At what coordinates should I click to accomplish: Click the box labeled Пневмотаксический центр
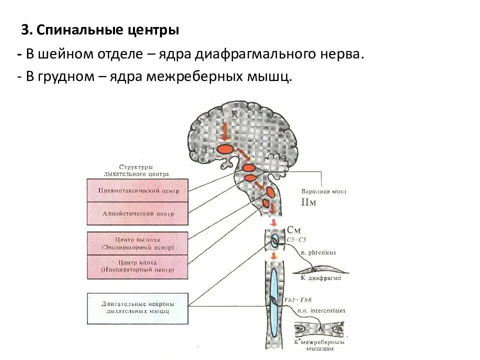click(137, 190)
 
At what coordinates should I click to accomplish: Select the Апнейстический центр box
click(137, 213)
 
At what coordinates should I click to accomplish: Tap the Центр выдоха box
click(137, 243)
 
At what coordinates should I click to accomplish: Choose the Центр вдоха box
click(137, 266)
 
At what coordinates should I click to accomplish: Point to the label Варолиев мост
click(323, 191)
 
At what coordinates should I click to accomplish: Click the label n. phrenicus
click(318, 252)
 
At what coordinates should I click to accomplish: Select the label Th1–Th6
click(296, 299)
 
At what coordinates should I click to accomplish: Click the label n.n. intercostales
click(321, 310)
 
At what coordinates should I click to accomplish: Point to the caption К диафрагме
click(320, 277)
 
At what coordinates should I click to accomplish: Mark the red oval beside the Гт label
click(225, 148)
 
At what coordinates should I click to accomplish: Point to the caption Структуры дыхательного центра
click(136, 170)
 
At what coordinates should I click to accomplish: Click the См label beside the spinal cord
click(294, 230)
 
